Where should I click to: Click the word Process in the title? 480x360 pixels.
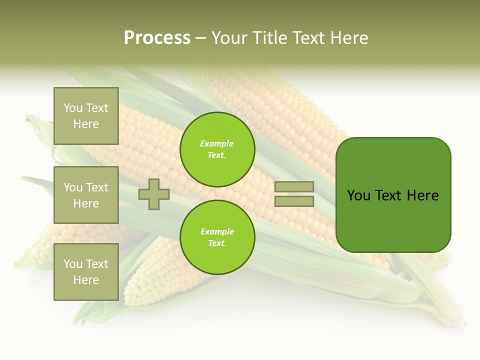(157, 37)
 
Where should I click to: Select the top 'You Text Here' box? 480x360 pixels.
(86, 116)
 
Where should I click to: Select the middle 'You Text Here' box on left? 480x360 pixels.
(86, 195)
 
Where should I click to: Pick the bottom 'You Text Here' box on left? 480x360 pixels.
(86, 272)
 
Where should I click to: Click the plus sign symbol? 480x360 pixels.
(153, 194)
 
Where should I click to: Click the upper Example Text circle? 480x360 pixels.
(217, 149)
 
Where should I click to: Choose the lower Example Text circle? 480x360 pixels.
(217, 237)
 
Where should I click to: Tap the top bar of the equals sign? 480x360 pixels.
(294, 186)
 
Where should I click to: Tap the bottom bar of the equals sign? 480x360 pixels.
(294, 201)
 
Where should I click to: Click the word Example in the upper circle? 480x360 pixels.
(216, 143)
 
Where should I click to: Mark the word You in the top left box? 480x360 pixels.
(72, 108)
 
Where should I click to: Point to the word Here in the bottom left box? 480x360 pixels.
(86, 280)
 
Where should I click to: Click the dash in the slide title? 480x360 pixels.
(200, 38)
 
